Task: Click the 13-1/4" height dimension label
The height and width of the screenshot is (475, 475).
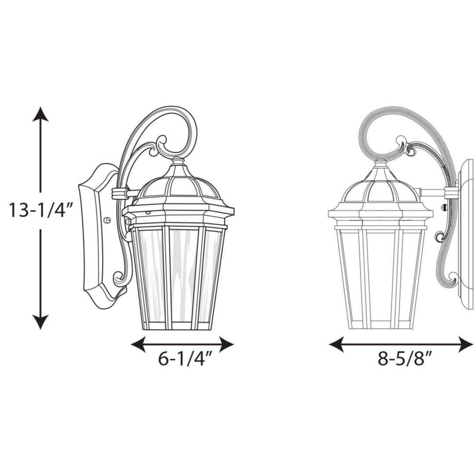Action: [x=41, y=210]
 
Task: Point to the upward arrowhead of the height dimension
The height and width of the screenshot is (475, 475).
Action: [x=40, y=114]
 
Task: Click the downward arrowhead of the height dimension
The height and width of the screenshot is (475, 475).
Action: [x=40, y=322]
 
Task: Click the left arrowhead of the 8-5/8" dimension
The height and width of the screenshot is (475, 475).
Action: [x=336, y=344]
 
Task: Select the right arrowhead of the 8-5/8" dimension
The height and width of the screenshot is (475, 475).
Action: [x=466, y=344]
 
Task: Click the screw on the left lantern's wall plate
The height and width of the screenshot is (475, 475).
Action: [x=106, y=220]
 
